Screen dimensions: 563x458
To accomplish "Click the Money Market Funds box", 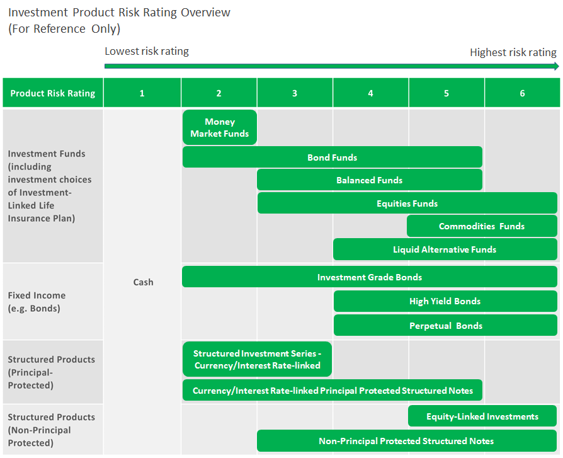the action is click(220, 127).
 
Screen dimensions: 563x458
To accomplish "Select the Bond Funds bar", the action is click(333, 157).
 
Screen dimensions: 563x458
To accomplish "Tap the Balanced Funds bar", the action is click(370, 180).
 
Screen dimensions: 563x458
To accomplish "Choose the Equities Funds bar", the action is click(407, 203).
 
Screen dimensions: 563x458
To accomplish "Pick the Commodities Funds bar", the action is click(482, 226).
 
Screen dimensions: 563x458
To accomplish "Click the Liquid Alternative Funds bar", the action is click(445, 249).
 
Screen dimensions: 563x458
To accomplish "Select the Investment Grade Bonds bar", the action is click(370, 277).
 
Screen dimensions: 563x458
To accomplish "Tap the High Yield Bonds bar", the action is click(445, 301).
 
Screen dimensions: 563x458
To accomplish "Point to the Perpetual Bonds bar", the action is click(445, 326).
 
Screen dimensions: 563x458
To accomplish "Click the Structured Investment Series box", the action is click(257, 359).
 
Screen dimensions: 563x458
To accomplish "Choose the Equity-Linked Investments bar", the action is click(482, 416).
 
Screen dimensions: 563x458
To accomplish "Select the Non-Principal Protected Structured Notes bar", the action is click(407, 441).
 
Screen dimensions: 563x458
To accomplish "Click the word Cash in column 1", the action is click(143, 282).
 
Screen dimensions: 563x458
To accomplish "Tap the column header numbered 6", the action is click(523, 93).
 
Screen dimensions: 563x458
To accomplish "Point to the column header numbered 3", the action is click(295, 93).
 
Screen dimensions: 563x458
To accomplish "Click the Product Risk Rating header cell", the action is click(53, 93).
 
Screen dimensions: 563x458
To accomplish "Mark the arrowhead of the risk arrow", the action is click(557, 66).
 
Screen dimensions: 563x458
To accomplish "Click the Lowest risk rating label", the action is click(147, 52).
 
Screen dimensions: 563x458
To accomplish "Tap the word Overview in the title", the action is click(205, 12).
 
